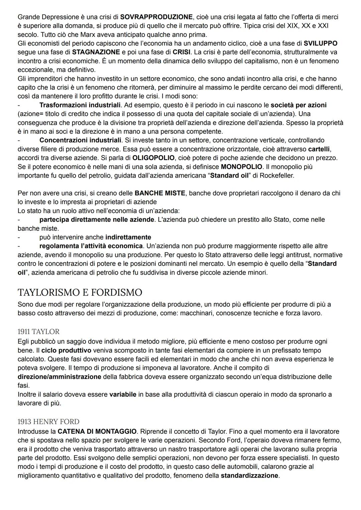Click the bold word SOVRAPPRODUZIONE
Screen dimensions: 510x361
pos(156,17)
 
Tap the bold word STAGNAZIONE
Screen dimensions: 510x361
pos(96,52)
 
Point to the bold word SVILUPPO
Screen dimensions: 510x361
pos(321,43)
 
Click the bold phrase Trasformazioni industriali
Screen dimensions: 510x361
pos(80,105)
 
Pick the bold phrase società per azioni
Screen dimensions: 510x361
pos(298,105)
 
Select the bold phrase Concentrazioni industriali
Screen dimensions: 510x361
pos(80,140)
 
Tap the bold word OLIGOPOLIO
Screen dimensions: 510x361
pos(153,158)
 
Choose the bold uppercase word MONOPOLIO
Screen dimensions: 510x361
pos(241,166)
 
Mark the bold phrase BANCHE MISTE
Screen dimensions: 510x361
pos(160,193)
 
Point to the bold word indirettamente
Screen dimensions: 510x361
pos(128,237)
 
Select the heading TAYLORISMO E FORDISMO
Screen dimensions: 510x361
pos(80,292)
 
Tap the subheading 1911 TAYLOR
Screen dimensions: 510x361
pos(38,332)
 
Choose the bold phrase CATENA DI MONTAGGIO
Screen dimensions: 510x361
pos(97,431)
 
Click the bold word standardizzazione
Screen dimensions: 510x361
pos(249,475)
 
